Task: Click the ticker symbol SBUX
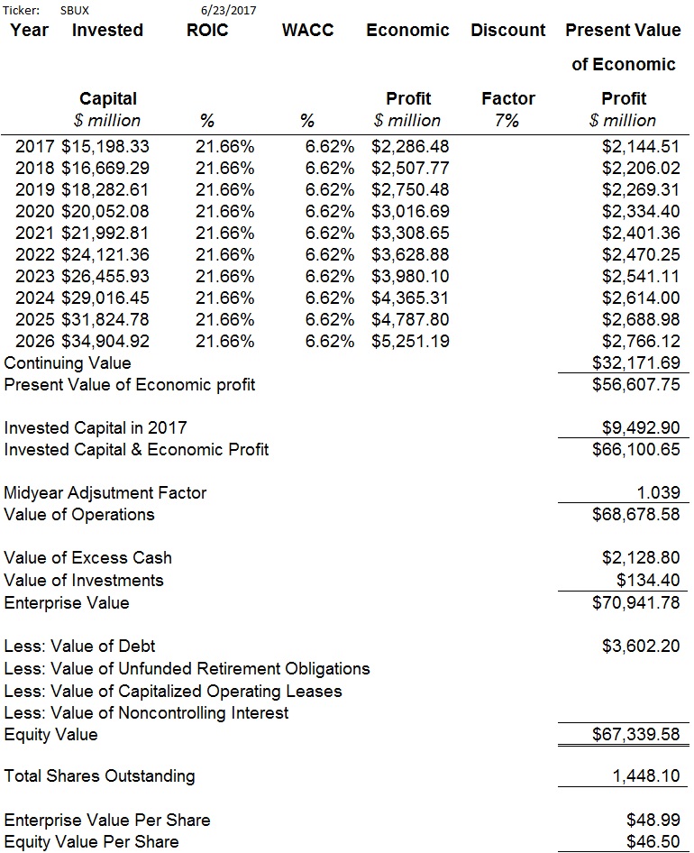tap(75, 10)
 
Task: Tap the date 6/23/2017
tap(228, 10)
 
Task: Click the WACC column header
tap(308, 30)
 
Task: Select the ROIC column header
tap(207, 30)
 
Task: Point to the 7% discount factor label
tap(507, 120)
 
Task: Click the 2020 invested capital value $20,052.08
tap(105, 211)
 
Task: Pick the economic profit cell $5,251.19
tap(411, 341)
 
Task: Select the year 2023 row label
tap(35, 276)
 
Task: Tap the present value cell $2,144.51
tap(641, 146)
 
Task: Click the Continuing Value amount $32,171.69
tap(635, 362)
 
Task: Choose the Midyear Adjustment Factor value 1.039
tap(658, 492)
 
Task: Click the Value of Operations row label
tap(79, 514)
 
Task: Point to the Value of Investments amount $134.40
tap(648, 580)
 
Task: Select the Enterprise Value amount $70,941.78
tap(635, 602)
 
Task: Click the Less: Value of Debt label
tap(79, 646)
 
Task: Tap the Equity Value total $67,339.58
tap(635, 734)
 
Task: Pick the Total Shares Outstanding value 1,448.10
tap(646, 775)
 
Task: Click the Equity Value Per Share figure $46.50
tap(653, 841)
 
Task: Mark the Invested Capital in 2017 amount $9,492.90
tap(641, 427)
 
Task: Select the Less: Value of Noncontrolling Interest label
tap(146, 712)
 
